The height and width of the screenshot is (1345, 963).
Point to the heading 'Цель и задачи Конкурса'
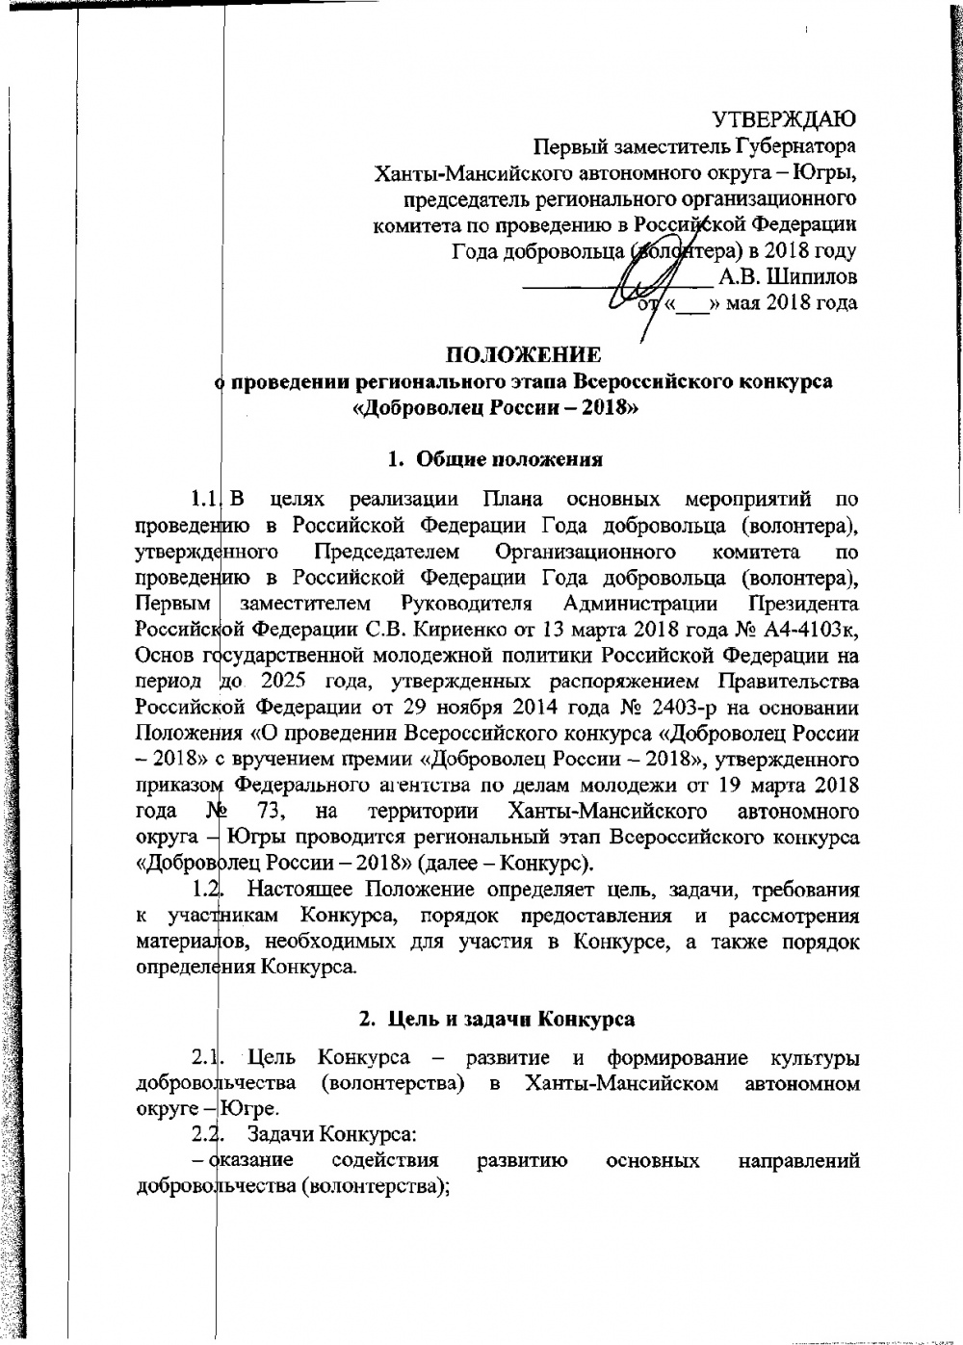click(x=496, y=1018)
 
